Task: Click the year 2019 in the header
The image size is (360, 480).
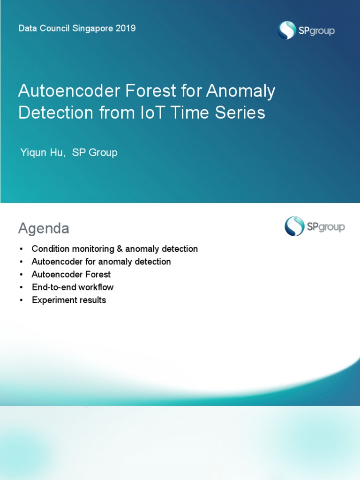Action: pos(125,28)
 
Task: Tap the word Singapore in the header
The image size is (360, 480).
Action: pos(92,28)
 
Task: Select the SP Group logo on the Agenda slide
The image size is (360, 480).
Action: pos(315,226)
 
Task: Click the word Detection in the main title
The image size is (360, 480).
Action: pos(56,113)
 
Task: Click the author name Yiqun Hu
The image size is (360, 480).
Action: pos(43,152)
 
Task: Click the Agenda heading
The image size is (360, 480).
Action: pos(44,228)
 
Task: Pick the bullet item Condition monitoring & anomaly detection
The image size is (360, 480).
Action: pos(115,249)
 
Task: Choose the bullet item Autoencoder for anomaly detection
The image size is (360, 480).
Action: pos(101,262)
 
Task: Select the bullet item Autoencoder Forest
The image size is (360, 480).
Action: pos(71,274)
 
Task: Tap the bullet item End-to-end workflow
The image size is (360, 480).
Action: pos(73,287)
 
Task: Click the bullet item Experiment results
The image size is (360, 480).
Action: pos(69,300)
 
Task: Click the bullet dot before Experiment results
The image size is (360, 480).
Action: pos(21,300)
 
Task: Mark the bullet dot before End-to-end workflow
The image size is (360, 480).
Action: pos(21,287)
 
